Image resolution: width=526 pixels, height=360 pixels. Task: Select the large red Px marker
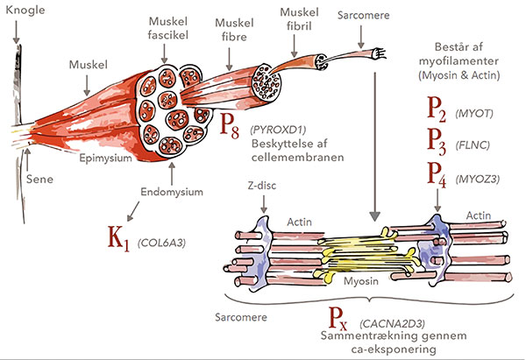(341, 319)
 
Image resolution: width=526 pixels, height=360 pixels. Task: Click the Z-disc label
(258, 188)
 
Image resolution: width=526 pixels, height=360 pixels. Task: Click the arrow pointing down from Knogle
(17, 33)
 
